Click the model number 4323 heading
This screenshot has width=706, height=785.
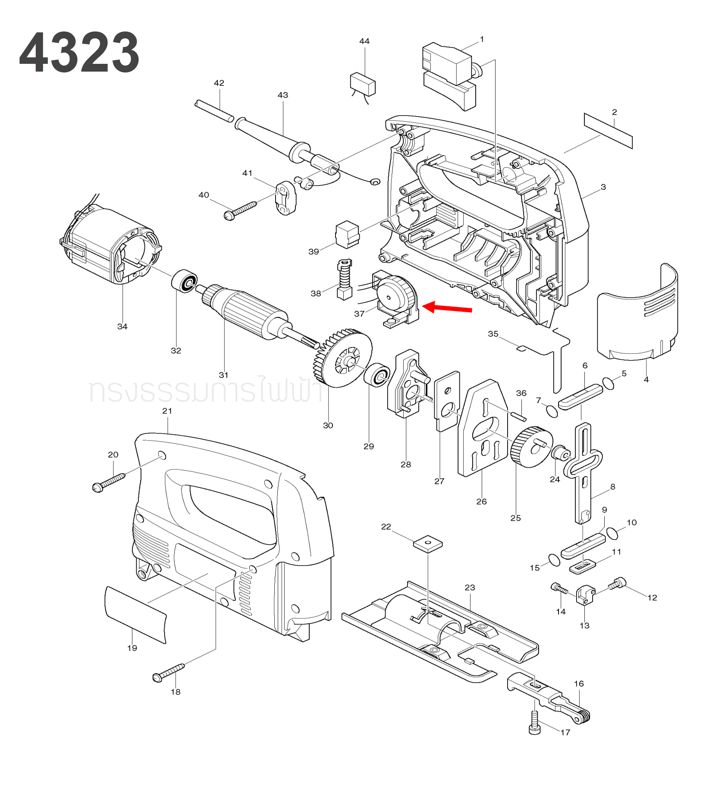[x=79, y=53]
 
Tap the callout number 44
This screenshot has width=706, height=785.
[x=364, y=41]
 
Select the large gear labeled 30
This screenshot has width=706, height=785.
[x=343, y=358]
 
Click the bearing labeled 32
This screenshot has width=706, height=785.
[x=185, y=281]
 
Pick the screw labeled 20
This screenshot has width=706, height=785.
[x=108, y=482]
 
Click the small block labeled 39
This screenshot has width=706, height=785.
[x=347, y=235]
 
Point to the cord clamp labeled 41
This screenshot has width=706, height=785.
[x=286, y=198]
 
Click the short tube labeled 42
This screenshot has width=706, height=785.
[x=214, y=111]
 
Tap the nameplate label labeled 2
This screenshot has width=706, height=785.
[x=608, y=131]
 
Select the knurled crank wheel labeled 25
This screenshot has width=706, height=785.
[x=530, y=447]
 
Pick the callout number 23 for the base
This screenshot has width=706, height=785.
[x=470, y=587]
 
